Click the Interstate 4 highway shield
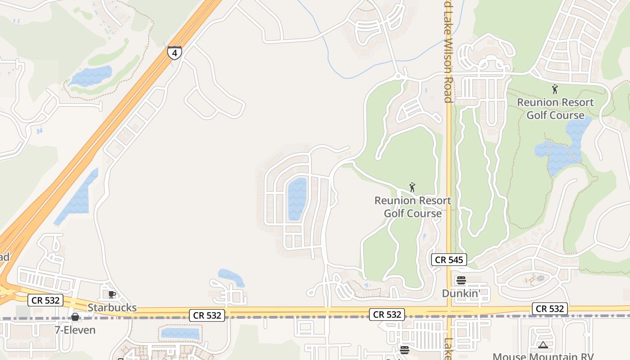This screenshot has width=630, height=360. [x=175, y=53]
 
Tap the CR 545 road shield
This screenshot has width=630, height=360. [x=449, y=260]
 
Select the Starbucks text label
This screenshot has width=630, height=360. [x=112, y=308]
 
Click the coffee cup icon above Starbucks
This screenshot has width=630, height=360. [x=112, y=294]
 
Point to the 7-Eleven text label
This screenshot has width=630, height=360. [x=75, y=330]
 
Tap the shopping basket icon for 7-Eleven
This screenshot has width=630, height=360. [x=75, y=317]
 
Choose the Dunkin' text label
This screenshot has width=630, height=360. [x=461, y=293]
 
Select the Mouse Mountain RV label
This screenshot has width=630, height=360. [x=543, y=356]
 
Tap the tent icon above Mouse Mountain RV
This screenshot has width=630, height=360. [x=543, y=345]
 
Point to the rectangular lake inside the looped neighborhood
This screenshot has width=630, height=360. [x=297, y=198]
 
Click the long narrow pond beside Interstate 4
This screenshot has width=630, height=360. [x=76, y=198]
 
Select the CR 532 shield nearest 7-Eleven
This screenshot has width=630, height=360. [x=45, y=300]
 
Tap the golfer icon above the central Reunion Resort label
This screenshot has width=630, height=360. [x=412, y=187]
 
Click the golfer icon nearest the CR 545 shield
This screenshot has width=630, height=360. [x=412, y=187]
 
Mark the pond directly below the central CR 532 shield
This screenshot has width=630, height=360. [x=180, y=333]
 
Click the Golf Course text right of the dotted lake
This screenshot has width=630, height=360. [x=555, y=115]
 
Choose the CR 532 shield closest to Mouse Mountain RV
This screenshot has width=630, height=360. [x=549, y=309]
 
